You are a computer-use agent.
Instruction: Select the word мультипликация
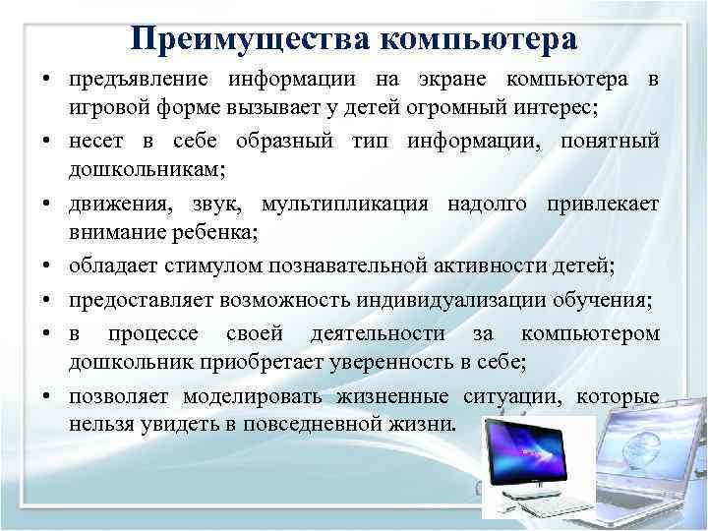point(358,205)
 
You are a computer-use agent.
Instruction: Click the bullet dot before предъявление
point(47,80)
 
